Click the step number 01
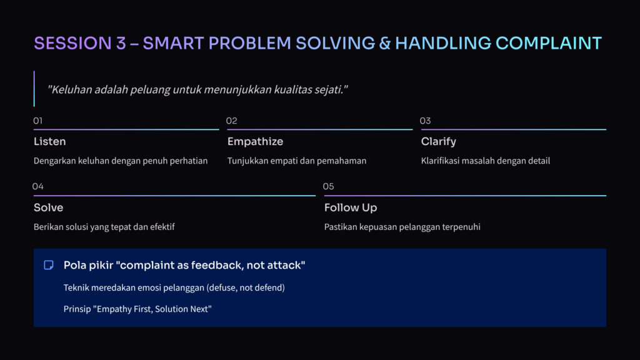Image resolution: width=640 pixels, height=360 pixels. pos(38,121)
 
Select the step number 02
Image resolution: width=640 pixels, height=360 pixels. pos(231,121)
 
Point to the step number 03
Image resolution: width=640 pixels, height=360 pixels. pos(425,121)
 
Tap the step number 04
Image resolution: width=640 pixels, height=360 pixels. pos(38,186)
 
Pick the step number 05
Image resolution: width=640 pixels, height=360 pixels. pos(329,186)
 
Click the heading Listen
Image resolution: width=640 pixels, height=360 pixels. pos(50,142)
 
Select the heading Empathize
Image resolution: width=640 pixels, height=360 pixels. pos(255,142)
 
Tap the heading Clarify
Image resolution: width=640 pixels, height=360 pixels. pos(438,142)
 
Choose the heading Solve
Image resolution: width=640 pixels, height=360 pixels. pos(49,207)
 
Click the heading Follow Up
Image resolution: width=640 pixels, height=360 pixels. pos(351,207)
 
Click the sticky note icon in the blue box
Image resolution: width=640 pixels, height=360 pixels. pos(49,265)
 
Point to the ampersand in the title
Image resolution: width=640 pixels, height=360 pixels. pos(385,43)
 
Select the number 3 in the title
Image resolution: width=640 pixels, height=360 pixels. pos(121,43)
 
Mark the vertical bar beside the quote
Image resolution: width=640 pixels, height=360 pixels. pos(34,89)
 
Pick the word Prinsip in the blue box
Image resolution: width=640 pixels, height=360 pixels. pos(77,309)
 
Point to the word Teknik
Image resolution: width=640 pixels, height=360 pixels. pos(76,287)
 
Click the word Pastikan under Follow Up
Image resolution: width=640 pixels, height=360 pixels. pos(341,227)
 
